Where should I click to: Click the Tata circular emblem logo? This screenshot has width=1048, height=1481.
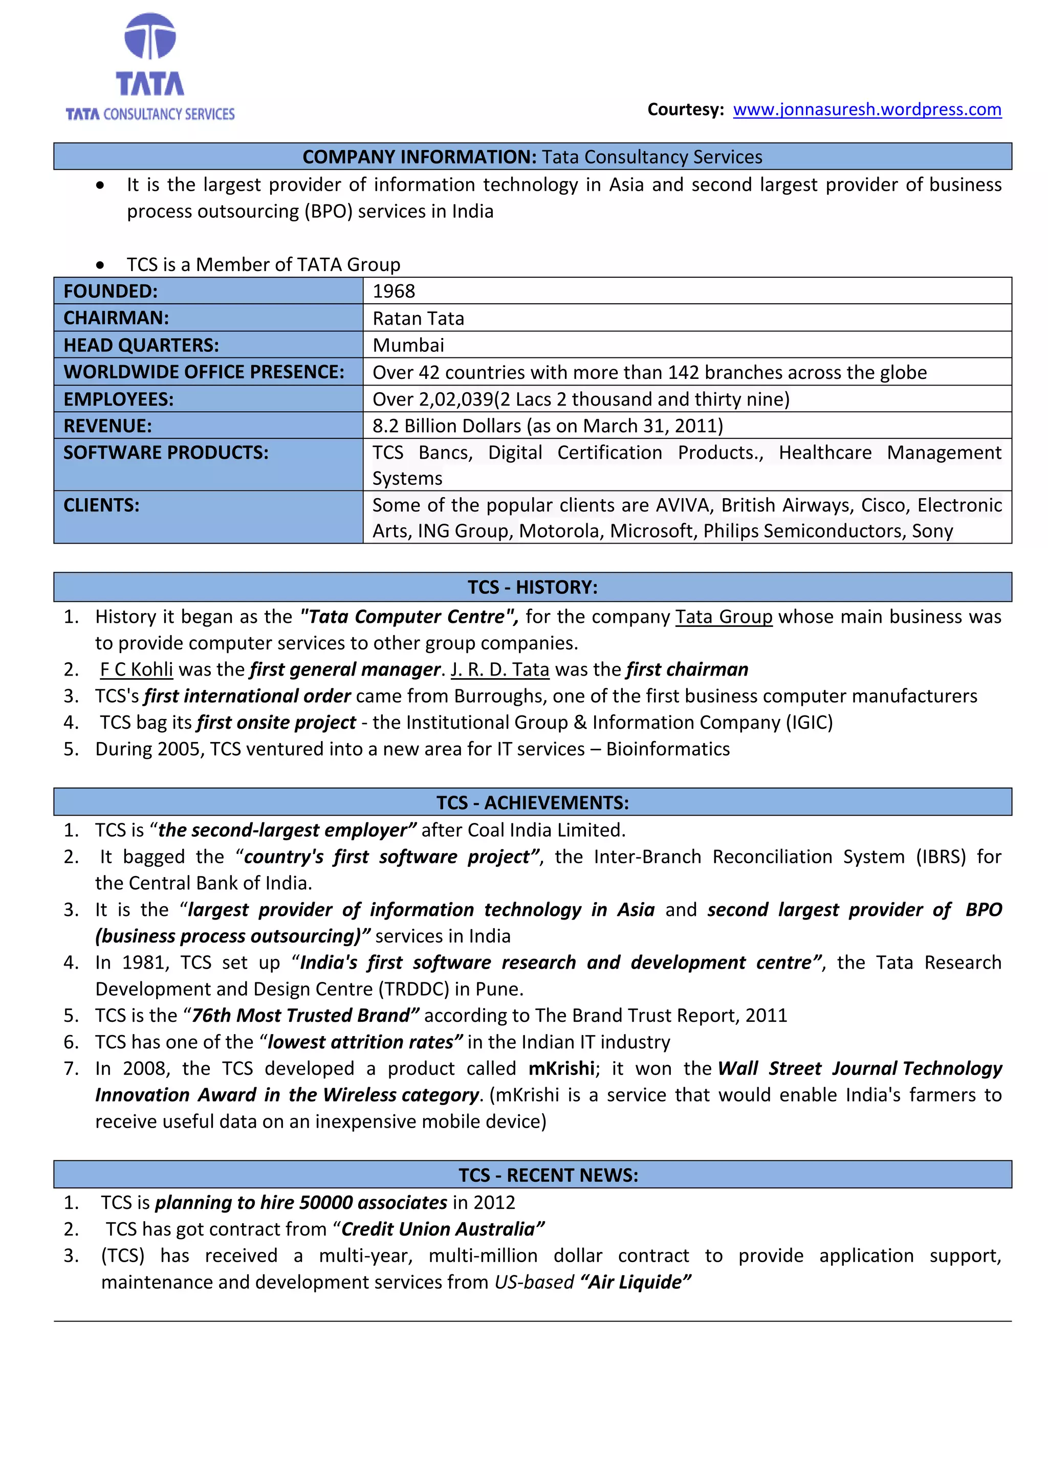tap(150, 37)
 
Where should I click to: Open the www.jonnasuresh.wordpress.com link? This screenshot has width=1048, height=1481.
tap(867, 109)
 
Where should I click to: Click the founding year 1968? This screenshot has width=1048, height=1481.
tap(394, 291)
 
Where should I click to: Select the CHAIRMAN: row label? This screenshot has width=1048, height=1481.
tap(116, 318)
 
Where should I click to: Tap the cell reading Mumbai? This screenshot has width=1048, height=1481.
tap(408, 345)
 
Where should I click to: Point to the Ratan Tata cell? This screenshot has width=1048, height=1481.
tap(418, 319)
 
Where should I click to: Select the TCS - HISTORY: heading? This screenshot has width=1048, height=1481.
tap(532, 587)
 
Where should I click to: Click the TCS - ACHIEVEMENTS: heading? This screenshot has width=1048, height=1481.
tap(532, 802)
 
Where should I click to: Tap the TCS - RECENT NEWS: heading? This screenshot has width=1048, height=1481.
tap(548, 1175)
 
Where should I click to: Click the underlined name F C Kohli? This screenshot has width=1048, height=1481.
tap(136, 669)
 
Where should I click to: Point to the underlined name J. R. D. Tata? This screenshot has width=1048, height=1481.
tap(499, 669)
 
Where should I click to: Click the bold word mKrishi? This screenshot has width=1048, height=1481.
tap(561, 1069)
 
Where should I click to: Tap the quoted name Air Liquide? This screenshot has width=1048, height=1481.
tap(636, 1283)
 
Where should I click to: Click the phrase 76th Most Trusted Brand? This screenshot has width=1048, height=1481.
tap(301, 1016)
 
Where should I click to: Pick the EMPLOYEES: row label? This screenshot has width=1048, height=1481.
tap(119, 399)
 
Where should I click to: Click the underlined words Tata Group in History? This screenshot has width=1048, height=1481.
tap(724, 617)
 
